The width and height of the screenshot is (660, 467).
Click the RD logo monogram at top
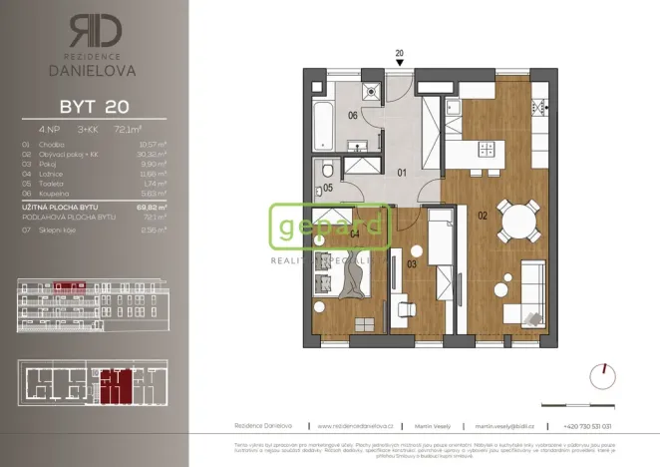pos(97,31)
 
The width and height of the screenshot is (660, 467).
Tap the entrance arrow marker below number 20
pos(400,63)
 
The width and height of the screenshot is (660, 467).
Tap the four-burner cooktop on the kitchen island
pos(488,149)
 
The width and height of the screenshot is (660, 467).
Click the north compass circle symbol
pos(602,376)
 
